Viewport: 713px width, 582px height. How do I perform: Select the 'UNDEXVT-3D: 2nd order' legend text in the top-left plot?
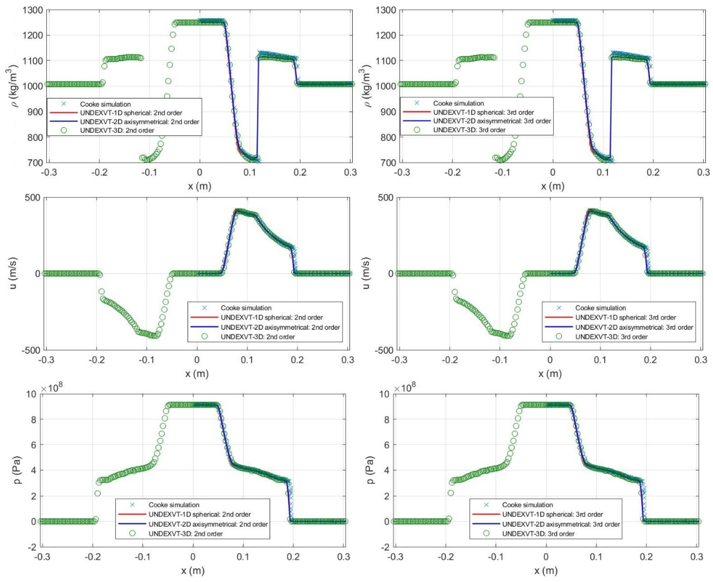(117, 130)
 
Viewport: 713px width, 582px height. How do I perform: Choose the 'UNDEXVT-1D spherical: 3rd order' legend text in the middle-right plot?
(626, 317)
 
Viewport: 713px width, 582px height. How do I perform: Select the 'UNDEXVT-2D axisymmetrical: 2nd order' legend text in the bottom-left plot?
(208, 524)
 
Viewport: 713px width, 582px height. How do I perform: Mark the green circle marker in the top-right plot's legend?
(417, 130)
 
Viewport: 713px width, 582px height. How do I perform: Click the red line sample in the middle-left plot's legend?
(204, 317)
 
